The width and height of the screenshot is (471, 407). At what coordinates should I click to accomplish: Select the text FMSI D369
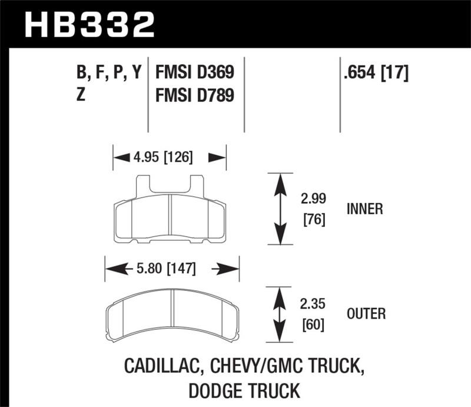tap(195, 72)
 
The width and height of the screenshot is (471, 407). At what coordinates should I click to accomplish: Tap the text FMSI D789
tap(195, 94)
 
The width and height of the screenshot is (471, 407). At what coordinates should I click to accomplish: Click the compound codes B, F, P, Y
tap(110, 74)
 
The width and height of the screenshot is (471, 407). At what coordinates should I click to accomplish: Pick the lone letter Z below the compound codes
tap(81, 94)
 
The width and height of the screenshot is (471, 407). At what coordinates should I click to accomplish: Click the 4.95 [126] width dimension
tap(170, 158)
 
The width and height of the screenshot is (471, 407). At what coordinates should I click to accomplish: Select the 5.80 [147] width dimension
tap(171, 269)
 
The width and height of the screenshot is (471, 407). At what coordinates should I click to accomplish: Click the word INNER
tap(366, 209)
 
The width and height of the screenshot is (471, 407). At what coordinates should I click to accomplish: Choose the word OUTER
tap(366, 314)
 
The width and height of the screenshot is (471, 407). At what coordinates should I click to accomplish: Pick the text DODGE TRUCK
tap(242, 390)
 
